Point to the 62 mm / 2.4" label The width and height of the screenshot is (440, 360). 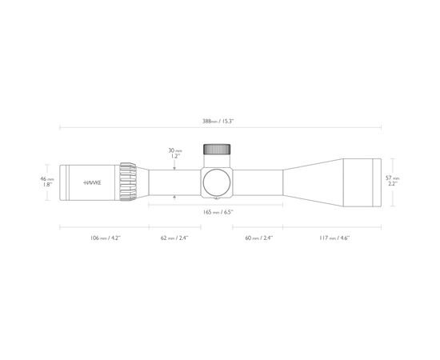174,238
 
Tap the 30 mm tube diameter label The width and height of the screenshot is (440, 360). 175,150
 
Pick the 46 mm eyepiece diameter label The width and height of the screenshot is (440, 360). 47,178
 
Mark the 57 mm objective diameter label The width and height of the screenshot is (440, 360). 392,178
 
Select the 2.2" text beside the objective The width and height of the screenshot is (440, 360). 392,184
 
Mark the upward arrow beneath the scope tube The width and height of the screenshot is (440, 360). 175,199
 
